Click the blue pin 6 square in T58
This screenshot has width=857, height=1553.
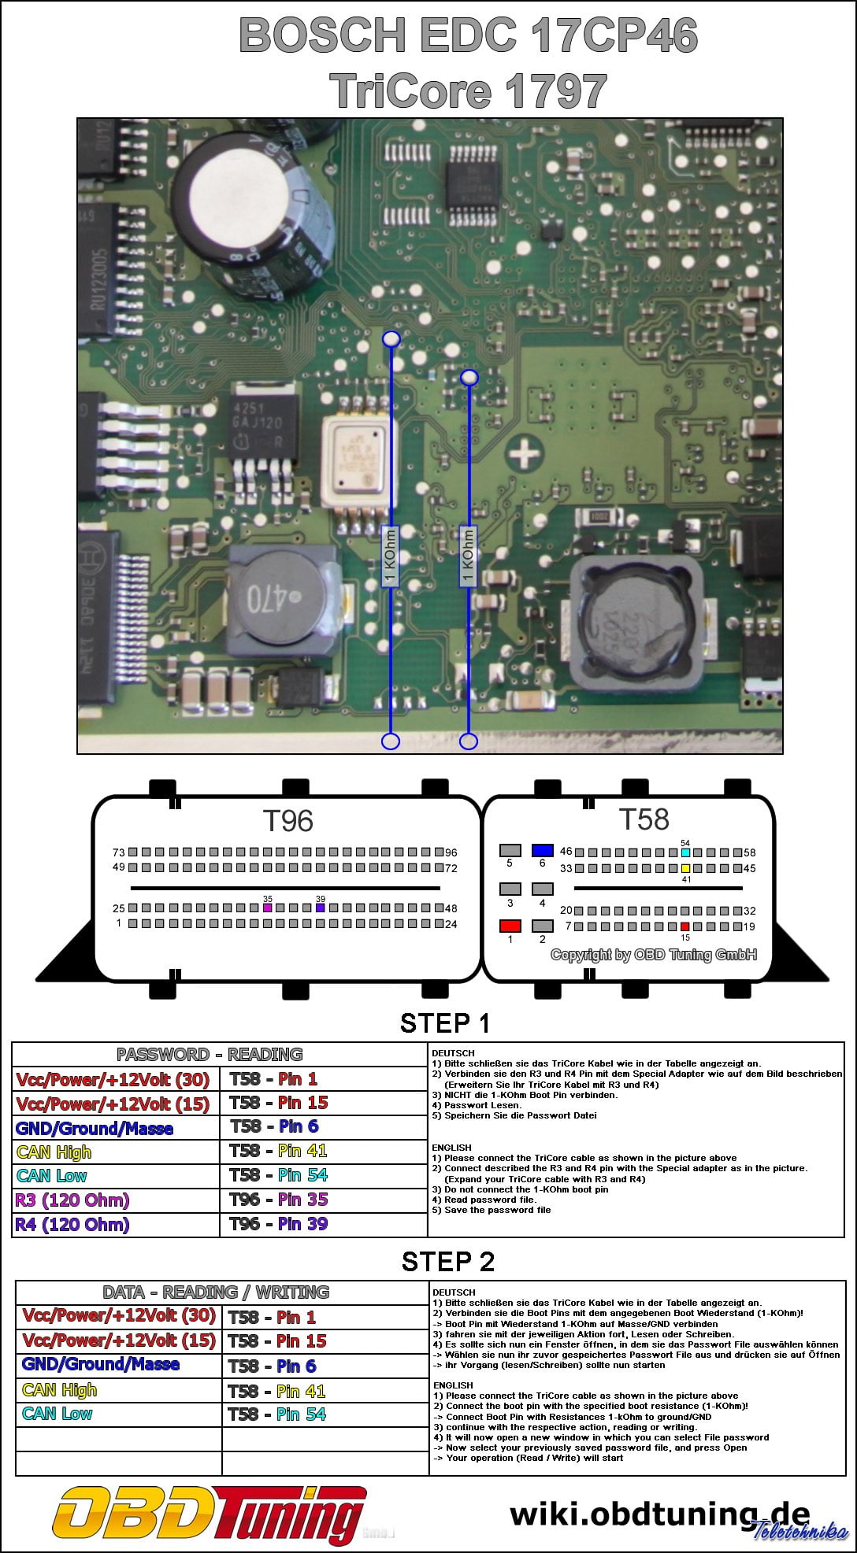tap(543, 850)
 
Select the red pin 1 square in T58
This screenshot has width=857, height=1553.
tap(510, 926)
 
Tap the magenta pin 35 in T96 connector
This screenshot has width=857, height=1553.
tap(268, 908)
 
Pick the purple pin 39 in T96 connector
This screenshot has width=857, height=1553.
tap(321, 908)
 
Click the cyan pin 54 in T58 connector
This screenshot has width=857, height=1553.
tap(685, 852)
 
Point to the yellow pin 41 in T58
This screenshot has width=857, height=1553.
tap(685, 868)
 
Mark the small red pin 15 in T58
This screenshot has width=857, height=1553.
tap(685, 926)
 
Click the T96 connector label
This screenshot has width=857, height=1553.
tap(288, 821)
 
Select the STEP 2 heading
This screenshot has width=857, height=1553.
tap(447, 1261)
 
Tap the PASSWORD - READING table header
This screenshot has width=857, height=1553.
tap(210, 1054)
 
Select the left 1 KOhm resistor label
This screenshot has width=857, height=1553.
tap(390, 556)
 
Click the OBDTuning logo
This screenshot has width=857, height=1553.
tap(209, 1515)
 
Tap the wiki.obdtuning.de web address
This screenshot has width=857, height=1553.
tap(659, 1514)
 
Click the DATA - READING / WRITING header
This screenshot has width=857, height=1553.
tap(216, 1292)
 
